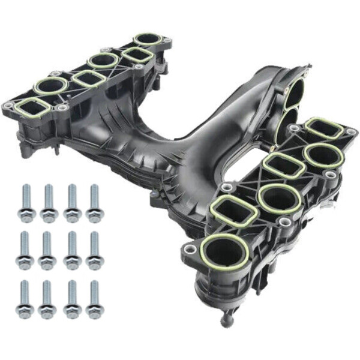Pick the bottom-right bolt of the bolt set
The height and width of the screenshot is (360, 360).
coord(94,300)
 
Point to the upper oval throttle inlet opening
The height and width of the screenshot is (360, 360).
coord(296,90)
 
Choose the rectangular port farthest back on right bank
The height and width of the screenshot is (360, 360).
coord(324,129)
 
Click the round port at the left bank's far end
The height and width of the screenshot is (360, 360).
coord(148,40)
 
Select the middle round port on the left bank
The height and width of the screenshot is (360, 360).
coord(103,60)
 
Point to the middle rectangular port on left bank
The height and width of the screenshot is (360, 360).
coord(90,79)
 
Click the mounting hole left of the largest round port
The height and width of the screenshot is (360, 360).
coord(191,249)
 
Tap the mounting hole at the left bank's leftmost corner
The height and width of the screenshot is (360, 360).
coord(8,107)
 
